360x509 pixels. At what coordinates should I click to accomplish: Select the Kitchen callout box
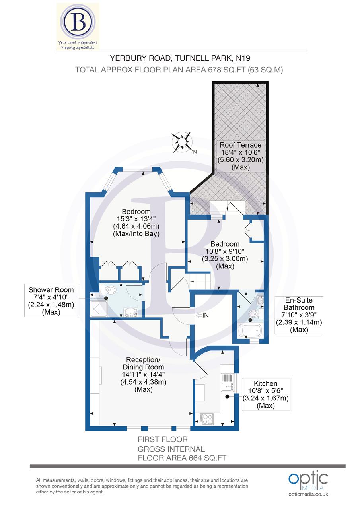tap(266, 394)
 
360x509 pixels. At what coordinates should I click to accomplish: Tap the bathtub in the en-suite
tap(250, 331)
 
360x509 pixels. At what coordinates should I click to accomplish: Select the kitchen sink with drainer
tap(227, 382)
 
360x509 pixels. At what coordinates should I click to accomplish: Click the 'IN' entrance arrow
tap(203, 315)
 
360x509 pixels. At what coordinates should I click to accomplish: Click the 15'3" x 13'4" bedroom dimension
tap(136, 219)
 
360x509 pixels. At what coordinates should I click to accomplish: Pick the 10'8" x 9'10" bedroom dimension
tap(225, 251)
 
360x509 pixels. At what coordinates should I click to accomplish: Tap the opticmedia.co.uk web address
tap(309, 494)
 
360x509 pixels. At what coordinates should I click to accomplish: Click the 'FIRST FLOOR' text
tap(162, 439)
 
